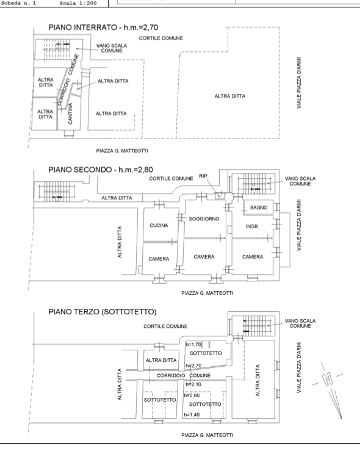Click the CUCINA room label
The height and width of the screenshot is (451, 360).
click(159, 226)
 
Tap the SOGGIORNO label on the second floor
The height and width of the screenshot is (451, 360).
click(204, 219)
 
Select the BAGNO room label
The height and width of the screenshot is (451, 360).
click(259, 207)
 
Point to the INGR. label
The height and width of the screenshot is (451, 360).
click(253, 226)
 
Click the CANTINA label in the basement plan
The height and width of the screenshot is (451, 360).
click(70, 114)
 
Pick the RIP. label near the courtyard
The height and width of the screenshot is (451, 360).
click(204, 176)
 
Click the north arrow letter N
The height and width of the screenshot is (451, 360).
click(328, 379)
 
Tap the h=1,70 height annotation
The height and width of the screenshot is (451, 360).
click(193, 344)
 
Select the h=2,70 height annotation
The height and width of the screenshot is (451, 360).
click(193, 366)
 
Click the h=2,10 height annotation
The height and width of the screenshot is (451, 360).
click(193, 384)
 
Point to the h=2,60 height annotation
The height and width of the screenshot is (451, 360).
click(192, 395)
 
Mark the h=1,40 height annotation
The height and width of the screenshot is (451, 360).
click(192, 415)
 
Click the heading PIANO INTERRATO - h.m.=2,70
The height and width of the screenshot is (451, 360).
click(103, 27)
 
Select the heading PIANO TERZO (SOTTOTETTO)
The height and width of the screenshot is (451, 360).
click(103, 312)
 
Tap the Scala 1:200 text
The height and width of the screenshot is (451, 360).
click(78, 4)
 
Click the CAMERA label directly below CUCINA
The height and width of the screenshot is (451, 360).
click(159, 259)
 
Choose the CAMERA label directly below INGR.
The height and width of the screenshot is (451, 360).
click(253, 257)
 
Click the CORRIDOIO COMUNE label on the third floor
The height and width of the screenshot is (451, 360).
click(184, 376)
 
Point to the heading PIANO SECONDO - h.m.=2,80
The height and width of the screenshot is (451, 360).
click(101, 170)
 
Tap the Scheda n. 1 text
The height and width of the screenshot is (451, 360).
click(18, 4)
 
